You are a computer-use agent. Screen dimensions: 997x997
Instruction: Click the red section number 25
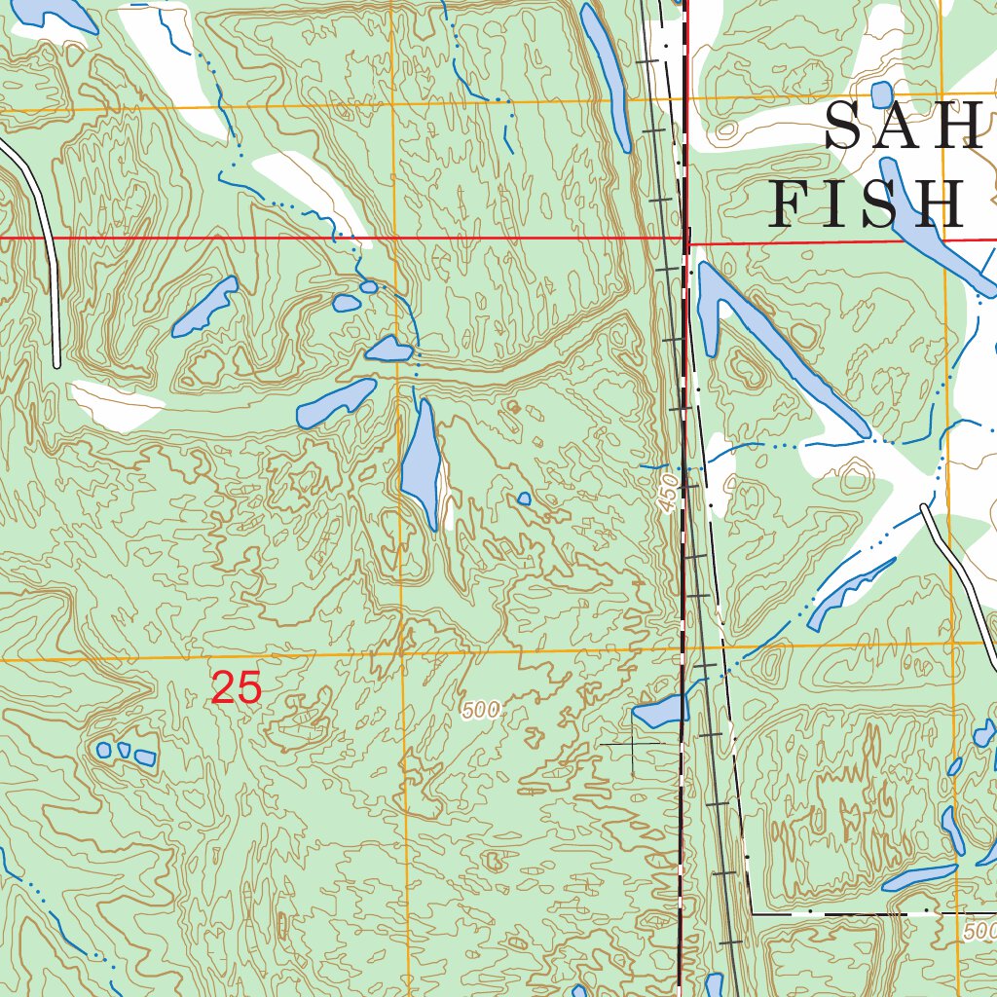tap(237, 688)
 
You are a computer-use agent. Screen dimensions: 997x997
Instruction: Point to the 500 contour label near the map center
tap(482, 712)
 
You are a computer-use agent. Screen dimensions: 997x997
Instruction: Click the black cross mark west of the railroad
tap(632, 745)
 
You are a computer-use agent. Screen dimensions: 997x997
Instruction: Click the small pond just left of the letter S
tap(881, 94)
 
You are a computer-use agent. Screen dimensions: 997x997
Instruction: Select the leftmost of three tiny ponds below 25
tap(104, 750)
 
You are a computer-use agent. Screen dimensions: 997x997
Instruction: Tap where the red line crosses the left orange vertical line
tap(394, 237)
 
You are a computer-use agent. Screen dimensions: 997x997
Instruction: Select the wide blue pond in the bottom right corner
tap(919, 877)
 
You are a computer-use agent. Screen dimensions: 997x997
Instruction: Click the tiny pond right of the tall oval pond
tap(524, 499)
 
